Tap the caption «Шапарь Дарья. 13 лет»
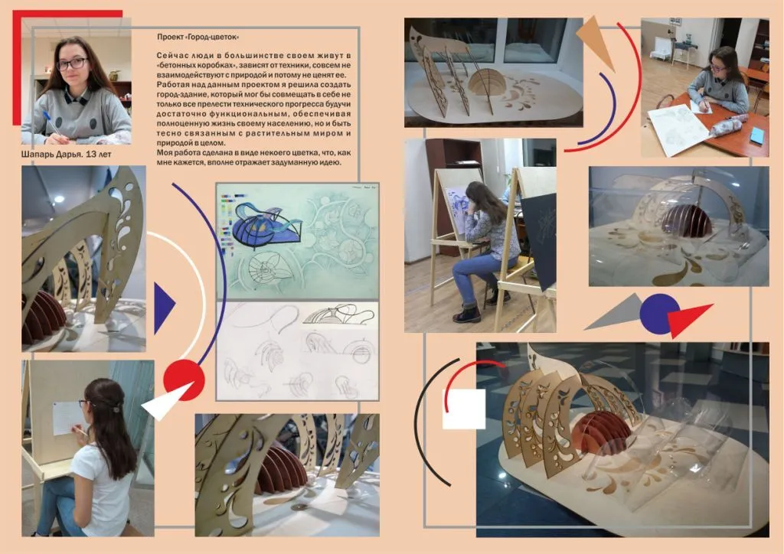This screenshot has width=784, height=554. pyautogui.click(x=67, y=155)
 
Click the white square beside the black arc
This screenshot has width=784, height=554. pyautogui.click(x=464, y=409)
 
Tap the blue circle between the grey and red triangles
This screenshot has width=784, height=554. pyautogui.click(x=659, y=314)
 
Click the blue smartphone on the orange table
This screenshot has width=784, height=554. pyautogui.click(x=757, y=135)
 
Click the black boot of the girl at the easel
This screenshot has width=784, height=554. pyautogui.click(x=467, y=314)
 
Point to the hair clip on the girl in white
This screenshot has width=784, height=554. pyautogui.click(x=116, y=409)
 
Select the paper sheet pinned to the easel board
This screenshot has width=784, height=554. pyautogui.click(x=67, y=417)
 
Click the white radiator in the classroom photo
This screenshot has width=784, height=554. pyautogui.click(x=659, y=47)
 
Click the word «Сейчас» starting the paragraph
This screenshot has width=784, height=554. pyautogui.click(x=172, y=55)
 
